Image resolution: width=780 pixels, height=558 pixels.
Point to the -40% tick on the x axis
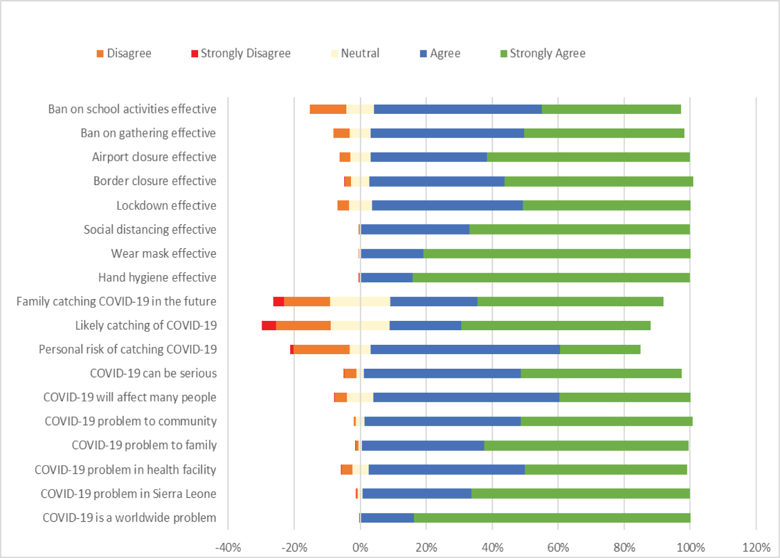[x=228, y=547]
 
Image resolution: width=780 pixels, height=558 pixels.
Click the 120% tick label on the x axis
[x=756, y=547]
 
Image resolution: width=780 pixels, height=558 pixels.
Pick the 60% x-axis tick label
[x=558, y=547]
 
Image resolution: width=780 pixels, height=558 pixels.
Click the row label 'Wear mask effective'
[x=163, y=253]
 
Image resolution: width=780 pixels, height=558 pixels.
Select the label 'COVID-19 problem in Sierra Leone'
[x=128, y=494]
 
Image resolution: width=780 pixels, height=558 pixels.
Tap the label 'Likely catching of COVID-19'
[x=146, y=326]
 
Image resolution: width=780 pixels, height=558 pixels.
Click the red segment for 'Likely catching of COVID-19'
[x=269, y=326]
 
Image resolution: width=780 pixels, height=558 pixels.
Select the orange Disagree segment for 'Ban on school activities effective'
[x=328, y=109]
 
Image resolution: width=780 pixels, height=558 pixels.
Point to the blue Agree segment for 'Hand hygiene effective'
[x=386, y=278]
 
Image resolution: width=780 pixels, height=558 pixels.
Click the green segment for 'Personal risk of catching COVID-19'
[x=600, y=349]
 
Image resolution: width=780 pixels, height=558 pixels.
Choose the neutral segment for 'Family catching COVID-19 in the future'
[x=360, y=302]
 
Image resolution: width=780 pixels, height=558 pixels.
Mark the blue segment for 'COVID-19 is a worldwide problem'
[x=387, y=518]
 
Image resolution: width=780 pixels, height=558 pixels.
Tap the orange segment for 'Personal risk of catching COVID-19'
[x=321, y=349]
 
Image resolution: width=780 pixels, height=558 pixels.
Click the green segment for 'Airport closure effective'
[x=588, y=157]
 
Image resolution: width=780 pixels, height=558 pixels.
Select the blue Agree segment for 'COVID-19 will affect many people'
[x=466, y=397]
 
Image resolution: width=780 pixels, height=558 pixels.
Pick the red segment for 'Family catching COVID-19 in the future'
[x=279, y=302]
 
